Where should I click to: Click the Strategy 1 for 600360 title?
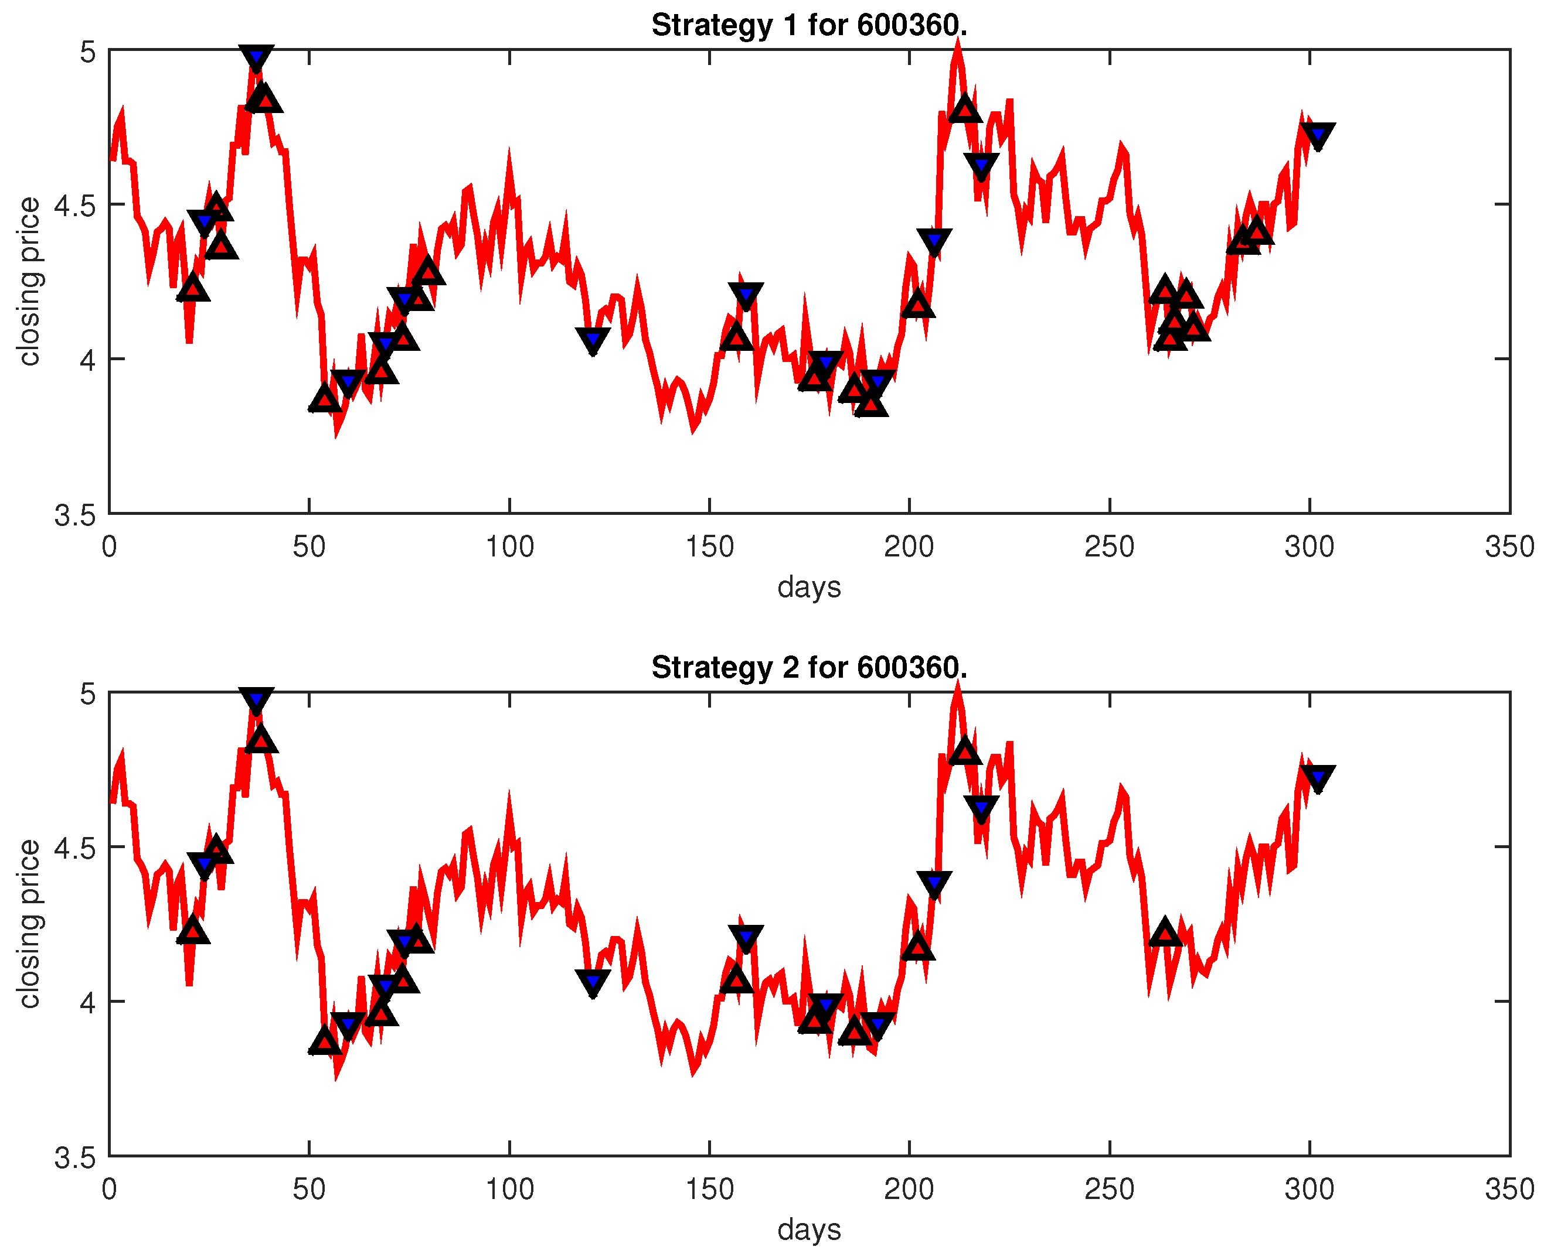tap(808, 25)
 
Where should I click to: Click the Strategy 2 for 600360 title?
tap(808, 667)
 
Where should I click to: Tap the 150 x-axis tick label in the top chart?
tap(709, 546)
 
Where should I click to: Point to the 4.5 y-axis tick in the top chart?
tap(76, 205)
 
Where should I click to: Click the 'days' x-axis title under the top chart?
tap(808, 586)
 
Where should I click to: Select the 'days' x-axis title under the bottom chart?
tap(808, 1229)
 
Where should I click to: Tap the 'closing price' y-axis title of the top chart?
tap(29, 281)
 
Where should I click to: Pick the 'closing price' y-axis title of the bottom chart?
tap(29, 923)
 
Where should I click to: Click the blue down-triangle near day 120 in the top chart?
tap(593, 339)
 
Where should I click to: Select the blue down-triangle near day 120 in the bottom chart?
tap(593, 981)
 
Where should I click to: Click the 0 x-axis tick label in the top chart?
tap(110, 546)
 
